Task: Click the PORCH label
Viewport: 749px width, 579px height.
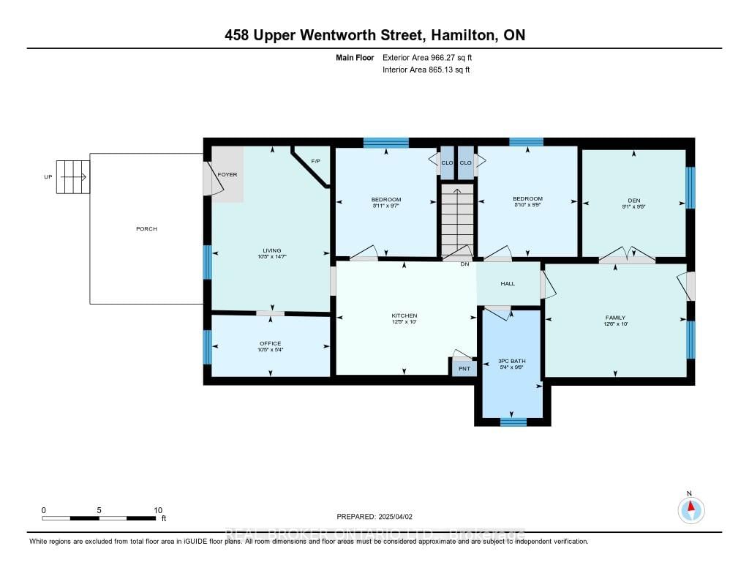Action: click(146, 229)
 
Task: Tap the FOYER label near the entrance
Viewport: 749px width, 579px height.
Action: click(227, 175)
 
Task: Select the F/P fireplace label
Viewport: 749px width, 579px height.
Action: click(316, 161)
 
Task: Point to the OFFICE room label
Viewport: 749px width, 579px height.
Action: click(270, 343)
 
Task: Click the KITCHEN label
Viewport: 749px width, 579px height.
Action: click(404, 315)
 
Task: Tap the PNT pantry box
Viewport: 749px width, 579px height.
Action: click(464, 368)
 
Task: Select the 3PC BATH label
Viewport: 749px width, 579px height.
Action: click(513, 361)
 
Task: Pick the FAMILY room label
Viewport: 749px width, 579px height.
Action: click(615, 318)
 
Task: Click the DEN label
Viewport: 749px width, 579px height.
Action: click(633, 199)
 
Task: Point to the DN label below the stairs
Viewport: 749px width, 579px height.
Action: click(464, 264)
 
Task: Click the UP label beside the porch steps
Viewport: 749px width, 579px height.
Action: click(48, 177)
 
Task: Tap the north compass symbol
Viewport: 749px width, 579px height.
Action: click(690, 508)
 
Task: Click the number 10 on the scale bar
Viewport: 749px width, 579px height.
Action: click(158, 510)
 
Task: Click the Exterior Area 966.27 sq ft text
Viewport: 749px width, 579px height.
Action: click(432, 57)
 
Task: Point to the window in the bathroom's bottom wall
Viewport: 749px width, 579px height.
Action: click(513, 422)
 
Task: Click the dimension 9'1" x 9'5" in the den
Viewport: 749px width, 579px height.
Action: click(633, 206)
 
